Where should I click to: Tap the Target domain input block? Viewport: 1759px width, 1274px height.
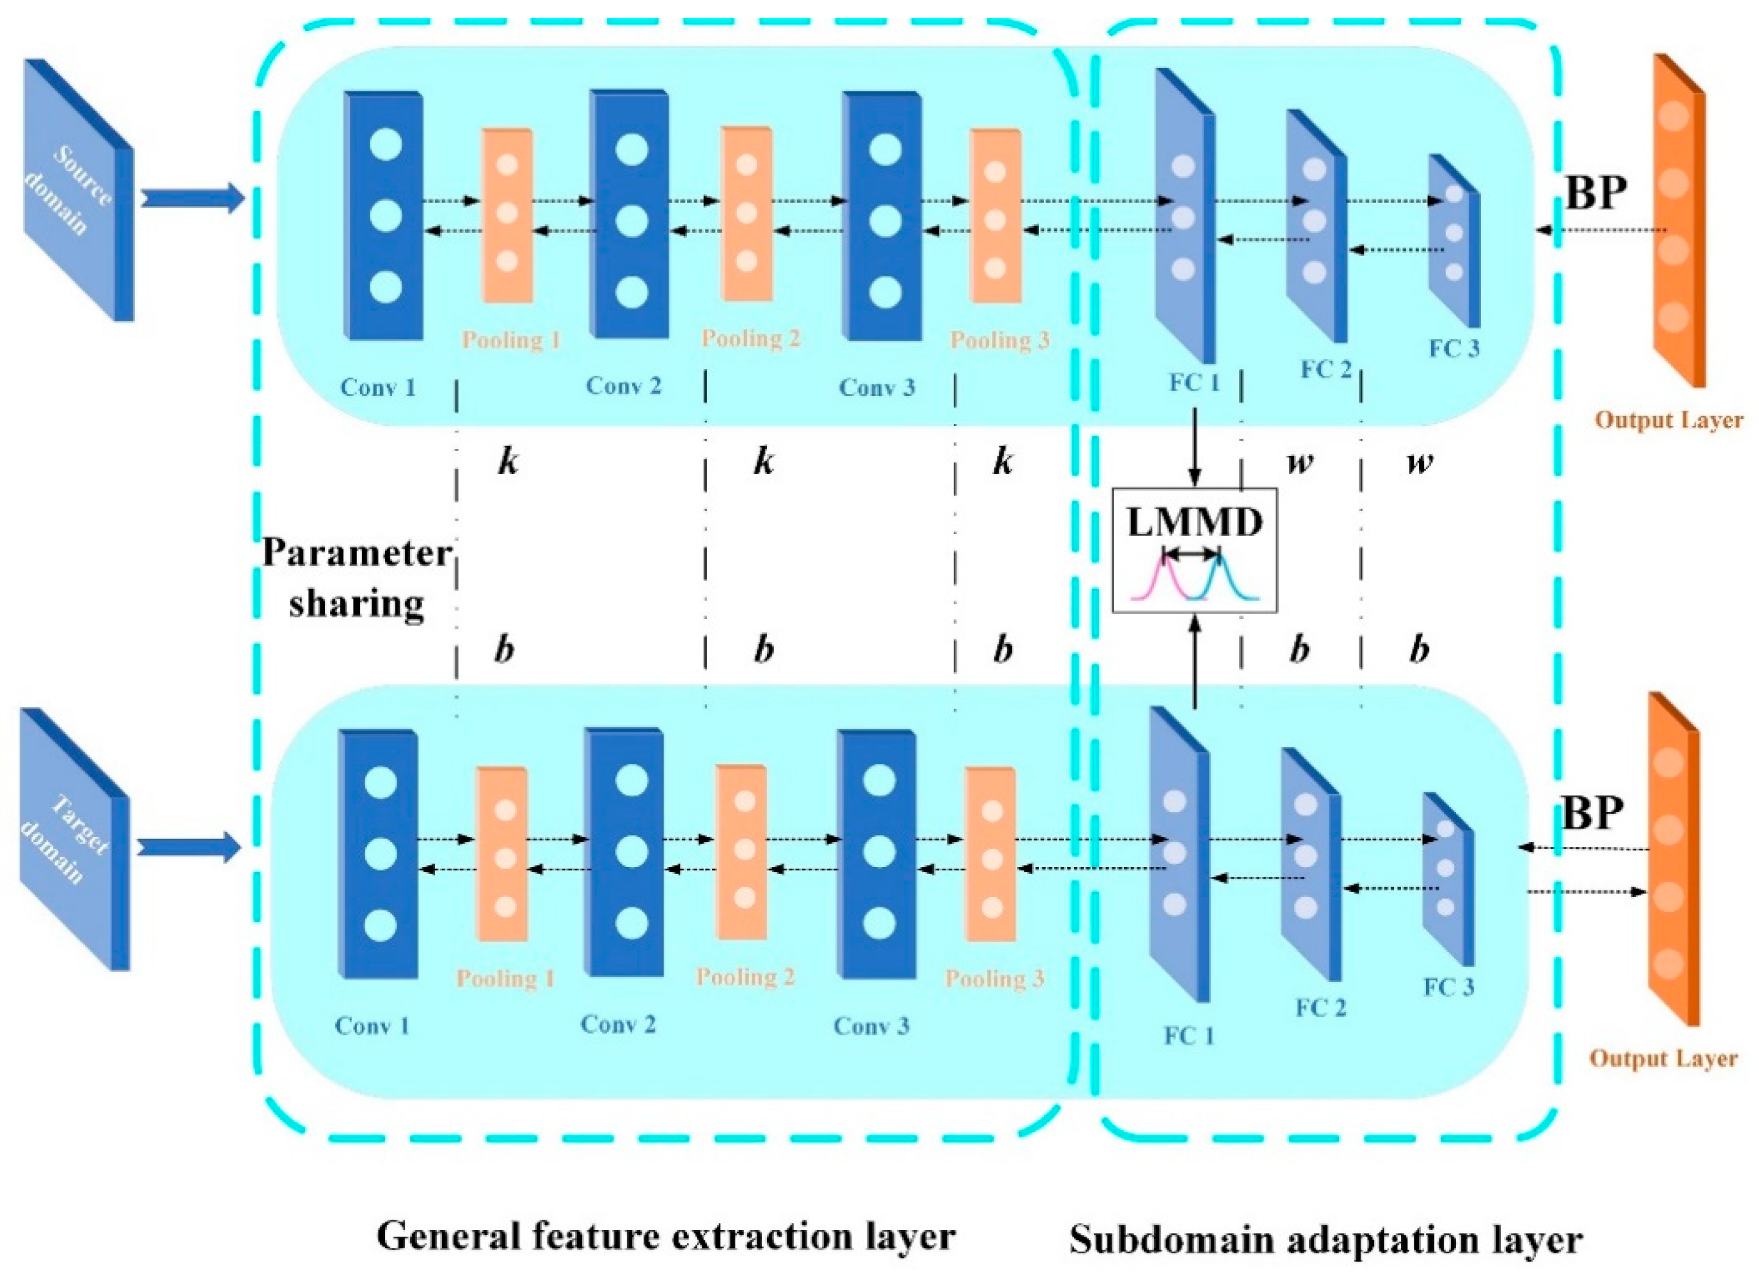coord(75,838)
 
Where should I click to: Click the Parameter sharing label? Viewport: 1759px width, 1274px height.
coord(357,577)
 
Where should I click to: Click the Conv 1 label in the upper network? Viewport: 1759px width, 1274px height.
coord(378,387)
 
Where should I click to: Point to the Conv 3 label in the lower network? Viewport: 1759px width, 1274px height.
coord(870,1026)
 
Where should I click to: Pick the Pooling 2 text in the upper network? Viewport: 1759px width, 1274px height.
coord(750,338)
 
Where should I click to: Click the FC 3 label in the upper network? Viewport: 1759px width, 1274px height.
coord(1453,349)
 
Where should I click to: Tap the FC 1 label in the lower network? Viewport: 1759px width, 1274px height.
coord(1188,1036)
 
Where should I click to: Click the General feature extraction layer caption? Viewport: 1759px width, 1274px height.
coord(666,1236)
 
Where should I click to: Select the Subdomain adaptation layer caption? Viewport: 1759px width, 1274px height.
coord(1326,1239)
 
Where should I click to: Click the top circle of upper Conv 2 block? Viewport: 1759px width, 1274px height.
coord(631,150)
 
